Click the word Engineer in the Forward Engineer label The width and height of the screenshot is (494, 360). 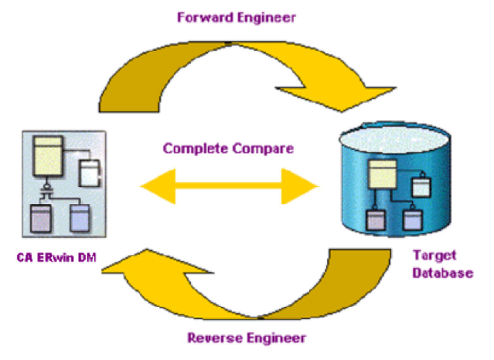click(x=267, y=18)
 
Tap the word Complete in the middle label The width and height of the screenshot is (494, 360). click(x=196, y=148)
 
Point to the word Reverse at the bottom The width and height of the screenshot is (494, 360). click(x=215, y=338)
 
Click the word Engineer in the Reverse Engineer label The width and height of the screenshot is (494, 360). click(x=276, y=339)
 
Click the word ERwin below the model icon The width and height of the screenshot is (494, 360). click(x=55, y=257)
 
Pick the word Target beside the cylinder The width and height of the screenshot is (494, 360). click(x=434, y=255)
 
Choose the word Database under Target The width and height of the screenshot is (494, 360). click(x=443, y=273)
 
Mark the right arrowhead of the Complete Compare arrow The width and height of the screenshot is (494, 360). click(x=300, y=186)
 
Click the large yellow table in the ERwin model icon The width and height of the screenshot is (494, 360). click(x=48, y=156)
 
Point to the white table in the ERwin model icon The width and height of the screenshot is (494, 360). click(x=89, y=173)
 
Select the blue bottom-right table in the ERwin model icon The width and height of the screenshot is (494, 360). click(x=80, y=218)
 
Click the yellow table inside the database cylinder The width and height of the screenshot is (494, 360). click(x=383, y=175)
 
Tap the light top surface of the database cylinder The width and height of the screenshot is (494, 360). click(x=395, y=138)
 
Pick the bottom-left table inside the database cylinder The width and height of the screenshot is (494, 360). click(x=376, y=220)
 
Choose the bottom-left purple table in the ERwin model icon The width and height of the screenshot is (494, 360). click(x=41, y=218)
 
